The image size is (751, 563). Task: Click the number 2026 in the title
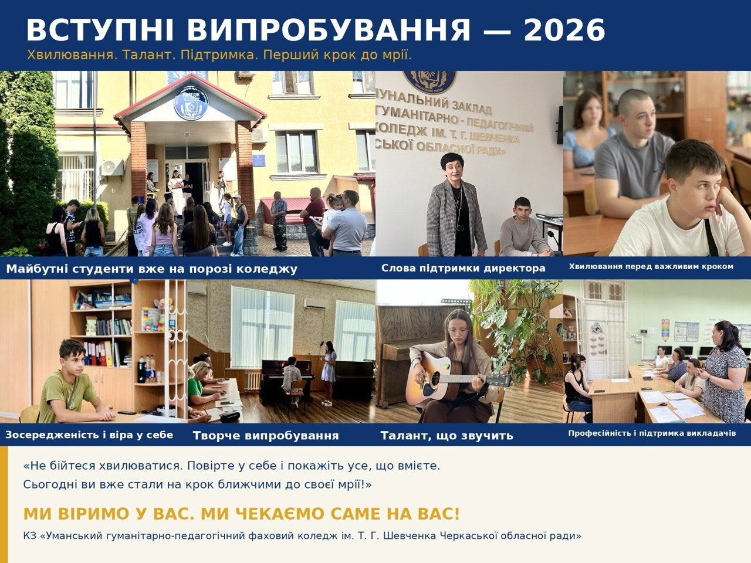tap(565, 30)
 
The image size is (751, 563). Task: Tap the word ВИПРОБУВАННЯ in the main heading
tap(329, 30)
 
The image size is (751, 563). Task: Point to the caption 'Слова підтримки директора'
tap(464, 269)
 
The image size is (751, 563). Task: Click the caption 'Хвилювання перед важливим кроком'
tap(651, 267)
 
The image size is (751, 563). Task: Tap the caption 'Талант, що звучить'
tap(447, 436)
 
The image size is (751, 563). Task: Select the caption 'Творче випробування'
tap(266, 436)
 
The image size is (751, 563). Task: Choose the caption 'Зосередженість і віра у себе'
tap(89, 435)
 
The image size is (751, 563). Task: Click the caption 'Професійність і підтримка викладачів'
tap(652, 433)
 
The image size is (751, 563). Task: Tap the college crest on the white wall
tap(429, 82)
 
